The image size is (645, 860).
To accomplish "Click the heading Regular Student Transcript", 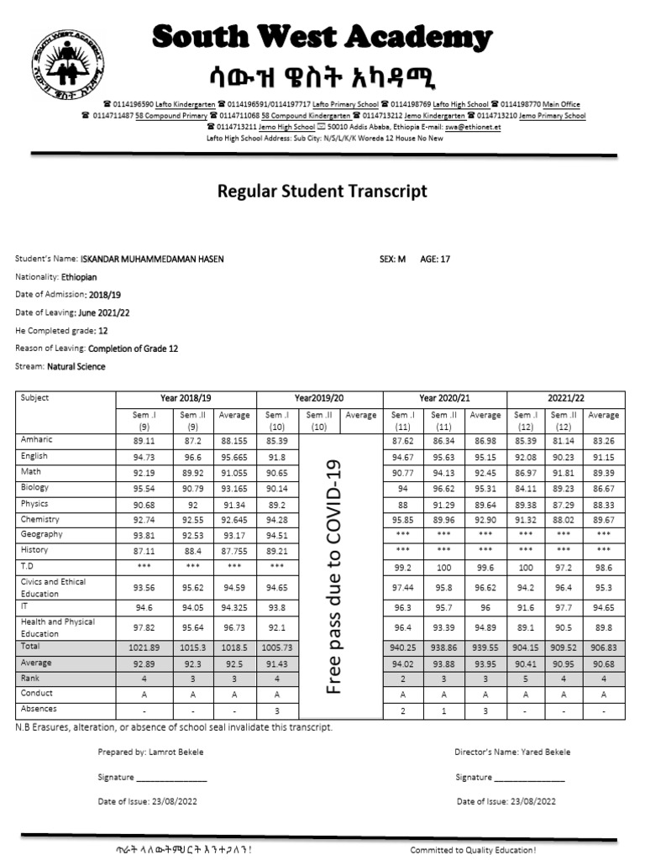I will [322, 191].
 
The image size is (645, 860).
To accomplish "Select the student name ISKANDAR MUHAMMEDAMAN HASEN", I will [152, 260].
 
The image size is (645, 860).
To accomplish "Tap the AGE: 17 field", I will [435, 260].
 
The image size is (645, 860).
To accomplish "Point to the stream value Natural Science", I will [76, 367].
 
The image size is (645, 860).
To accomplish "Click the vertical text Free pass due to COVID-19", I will [334, 576].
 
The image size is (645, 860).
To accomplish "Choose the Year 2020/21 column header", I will [444, 398].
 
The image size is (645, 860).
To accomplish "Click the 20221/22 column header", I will [566, 398].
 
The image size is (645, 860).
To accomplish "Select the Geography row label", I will [41, 534].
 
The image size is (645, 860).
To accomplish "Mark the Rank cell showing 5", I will [525, 679].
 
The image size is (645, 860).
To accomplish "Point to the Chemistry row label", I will [41, 519].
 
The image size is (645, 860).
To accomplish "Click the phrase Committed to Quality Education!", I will [473, 850].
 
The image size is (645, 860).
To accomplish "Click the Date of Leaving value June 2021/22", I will [103, 312].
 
